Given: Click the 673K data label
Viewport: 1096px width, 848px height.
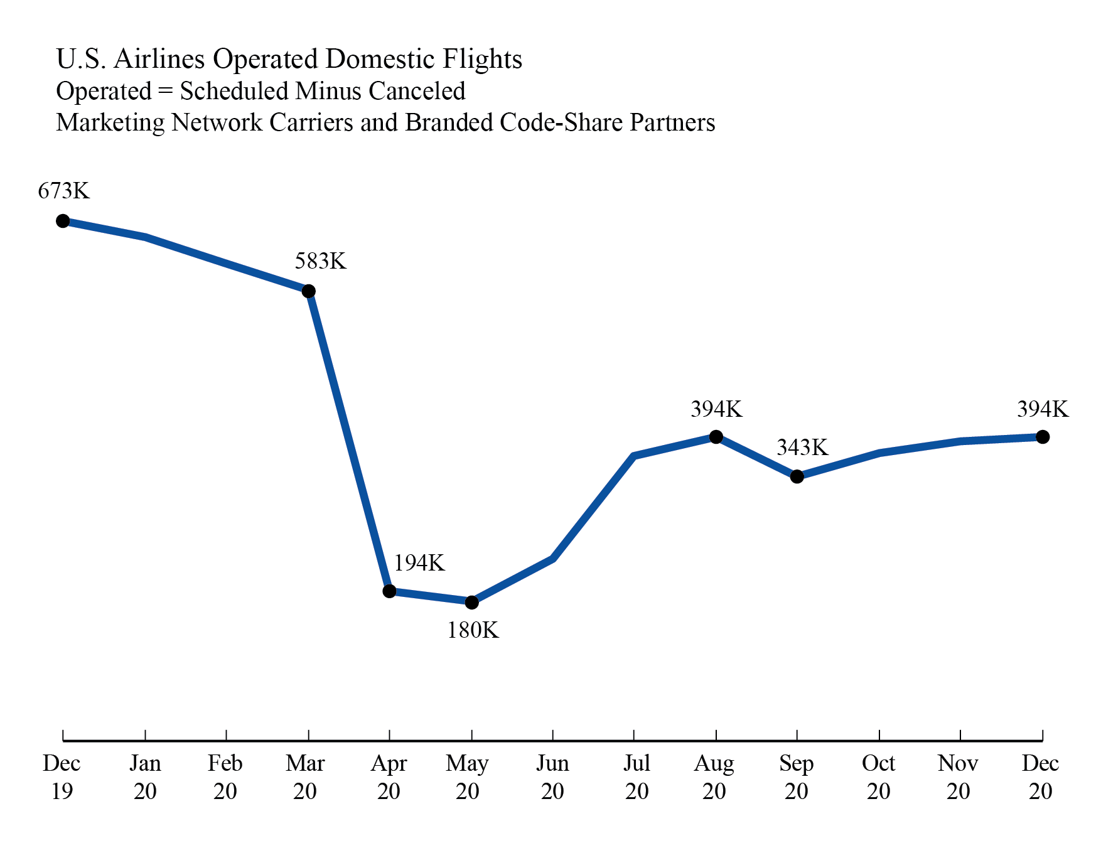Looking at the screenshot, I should pos(64,190).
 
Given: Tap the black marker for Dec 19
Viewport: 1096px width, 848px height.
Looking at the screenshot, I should pos(63,221).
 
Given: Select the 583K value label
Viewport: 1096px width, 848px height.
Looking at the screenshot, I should pos(321,260).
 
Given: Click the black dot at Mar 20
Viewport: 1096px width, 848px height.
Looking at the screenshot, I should pos(308,291).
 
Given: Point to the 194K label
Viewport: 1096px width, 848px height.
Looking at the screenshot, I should pos(419,563).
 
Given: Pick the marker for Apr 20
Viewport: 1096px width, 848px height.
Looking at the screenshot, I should pos(389,591).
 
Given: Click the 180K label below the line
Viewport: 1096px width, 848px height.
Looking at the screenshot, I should pos(473,630).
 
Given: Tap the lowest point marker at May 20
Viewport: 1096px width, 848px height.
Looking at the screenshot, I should pos(472,603).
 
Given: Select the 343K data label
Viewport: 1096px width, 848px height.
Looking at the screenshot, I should pos(802,448).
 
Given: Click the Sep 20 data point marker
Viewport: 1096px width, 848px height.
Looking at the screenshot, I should pos(797,477).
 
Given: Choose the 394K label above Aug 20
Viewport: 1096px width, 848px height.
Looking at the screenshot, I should pos(716,409).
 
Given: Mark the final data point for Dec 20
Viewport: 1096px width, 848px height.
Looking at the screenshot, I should pos(1043,437).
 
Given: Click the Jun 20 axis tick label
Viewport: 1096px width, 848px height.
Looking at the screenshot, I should pos(552,777).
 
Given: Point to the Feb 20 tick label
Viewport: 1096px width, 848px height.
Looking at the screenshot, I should pos(225,777).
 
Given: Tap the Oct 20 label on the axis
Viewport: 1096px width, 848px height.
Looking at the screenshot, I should pos(879,777).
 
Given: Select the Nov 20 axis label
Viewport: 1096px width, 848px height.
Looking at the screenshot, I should pos(959,777).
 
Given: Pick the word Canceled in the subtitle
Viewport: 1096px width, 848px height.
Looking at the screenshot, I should pos(417,92).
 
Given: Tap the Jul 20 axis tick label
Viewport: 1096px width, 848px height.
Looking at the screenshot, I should pos(637,777).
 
